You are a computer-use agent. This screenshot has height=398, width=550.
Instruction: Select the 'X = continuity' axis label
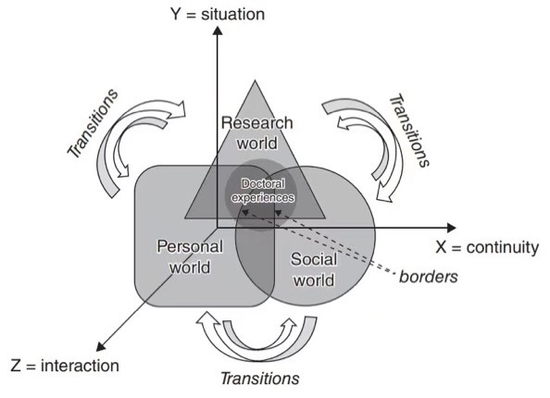(487, 247)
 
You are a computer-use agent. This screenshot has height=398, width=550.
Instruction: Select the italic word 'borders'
(428, 276)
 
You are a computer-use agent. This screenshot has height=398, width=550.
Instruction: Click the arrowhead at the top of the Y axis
(217, 30)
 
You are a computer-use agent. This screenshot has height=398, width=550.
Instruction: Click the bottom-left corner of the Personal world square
(141, 301)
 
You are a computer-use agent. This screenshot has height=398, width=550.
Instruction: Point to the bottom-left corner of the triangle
(185, 218)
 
